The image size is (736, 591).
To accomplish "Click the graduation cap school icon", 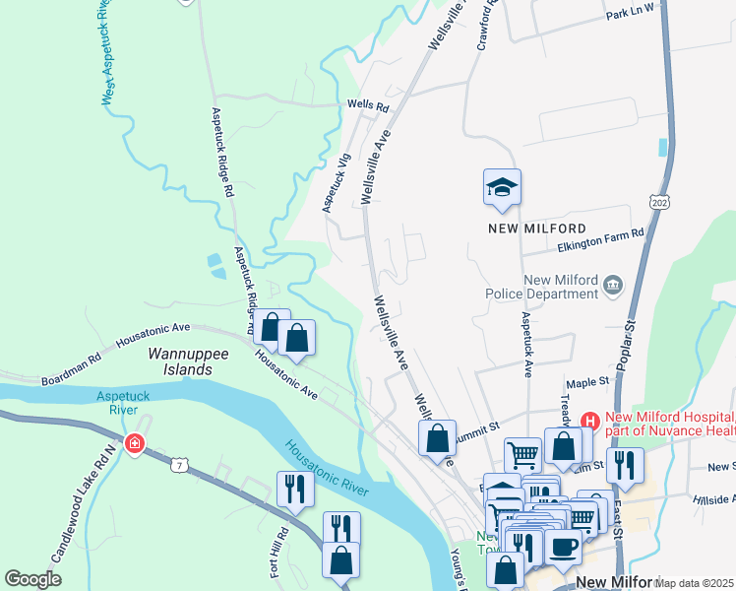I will [x=502, y=187].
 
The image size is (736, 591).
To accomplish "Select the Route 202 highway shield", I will [x=656, y=201].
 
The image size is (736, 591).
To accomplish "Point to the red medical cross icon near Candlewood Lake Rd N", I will [x=135, y=444].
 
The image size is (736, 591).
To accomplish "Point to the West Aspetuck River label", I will [x=107, y=50].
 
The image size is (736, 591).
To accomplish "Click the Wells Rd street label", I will [x=368, y=104].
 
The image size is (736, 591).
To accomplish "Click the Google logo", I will [x=33, y=579].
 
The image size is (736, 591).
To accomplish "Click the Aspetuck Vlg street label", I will [x=337, y=182].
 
